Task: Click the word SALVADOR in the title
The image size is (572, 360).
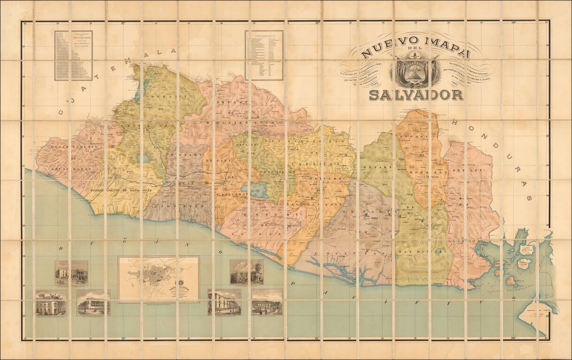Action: pyautogui.click(x=416, y=95)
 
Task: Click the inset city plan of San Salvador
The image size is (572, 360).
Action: pyautogui.click(x=159, y=279)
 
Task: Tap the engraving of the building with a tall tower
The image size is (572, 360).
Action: pyautogui.click(x=246, y=272)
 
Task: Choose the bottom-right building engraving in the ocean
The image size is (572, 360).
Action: pyautogui.click(x=267, y=301)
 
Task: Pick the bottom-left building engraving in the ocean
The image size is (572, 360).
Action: pyautogui.click(x=51, y=302)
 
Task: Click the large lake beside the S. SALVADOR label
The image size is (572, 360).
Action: pyautogui.click(x=258, y=190)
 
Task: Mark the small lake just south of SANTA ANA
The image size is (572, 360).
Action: pyautogui.click(x=144, y=158)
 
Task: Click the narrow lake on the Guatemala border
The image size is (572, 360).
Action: pyautogui.click(x=138, y=91)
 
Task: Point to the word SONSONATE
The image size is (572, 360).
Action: pyautogui.click(x=145, y=190)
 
